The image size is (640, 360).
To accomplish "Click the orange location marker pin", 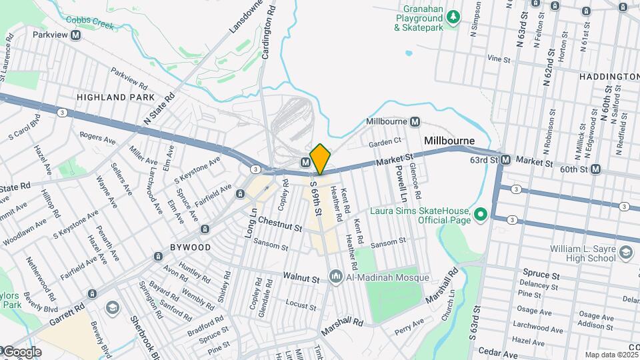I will click(x=321, y=159).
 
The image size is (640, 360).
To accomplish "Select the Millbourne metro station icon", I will click(x=415, y=122).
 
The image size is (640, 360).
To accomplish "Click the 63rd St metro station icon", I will click(x=506, y=160).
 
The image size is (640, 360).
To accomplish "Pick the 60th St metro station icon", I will click(x=595, y=169).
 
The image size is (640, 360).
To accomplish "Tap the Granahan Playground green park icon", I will click(x=453, y=16).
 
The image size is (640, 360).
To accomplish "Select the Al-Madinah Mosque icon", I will click(x=335, y=276).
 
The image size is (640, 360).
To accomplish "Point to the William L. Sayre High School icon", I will click(x=625, y=252).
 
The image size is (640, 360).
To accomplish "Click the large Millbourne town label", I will click(x=449, y=141).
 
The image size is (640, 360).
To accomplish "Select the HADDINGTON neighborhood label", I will click(x=608, y=77).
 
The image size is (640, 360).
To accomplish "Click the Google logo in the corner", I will click(x=22, y=351).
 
